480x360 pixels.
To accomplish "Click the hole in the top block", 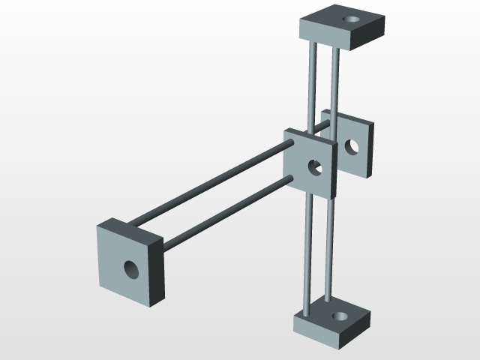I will click(351, 19).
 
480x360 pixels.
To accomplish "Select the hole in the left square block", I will click(130, 268).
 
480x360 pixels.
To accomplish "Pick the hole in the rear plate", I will click(350, 145).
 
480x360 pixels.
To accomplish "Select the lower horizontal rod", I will click(225, 214).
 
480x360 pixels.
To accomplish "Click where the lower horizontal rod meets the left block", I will click(164, 244).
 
